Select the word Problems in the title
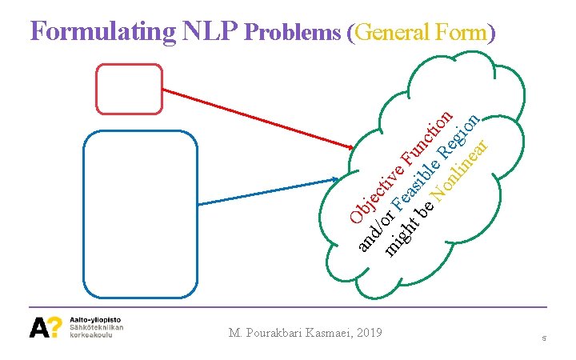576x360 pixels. tap(294, 33)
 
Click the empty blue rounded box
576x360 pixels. tap(140, 214)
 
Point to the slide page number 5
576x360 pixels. tap(543, 339)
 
